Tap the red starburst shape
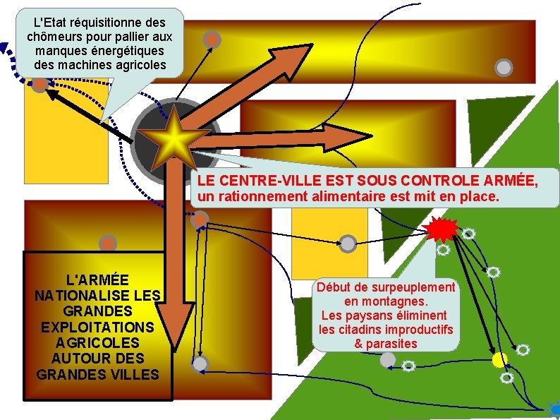[x=442, y=228]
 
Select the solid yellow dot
[x=499, y=359]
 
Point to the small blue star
[x=554, y=408]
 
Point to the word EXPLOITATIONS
[x=97, y=327]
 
